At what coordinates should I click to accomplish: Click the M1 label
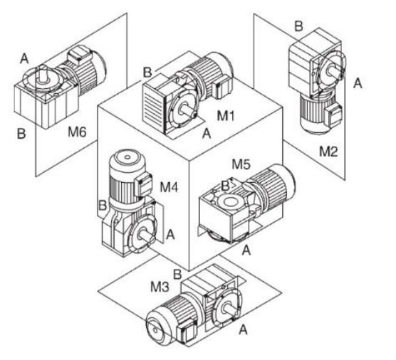(x=226, y=116)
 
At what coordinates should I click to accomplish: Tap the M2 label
(x=328, y=152)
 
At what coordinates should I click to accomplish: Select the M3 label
(x=160, y=287)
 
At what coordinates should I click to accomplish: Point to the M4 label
(x=170, y=187)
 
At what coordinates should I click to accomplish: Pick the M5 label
(x=241, y=164)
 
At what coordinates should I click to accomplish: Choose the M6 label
(x=77, y=132)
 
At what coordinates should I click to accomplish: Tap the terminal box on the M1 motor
(x=222, y=87)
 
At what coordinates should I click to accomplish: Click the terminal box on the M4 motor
(x=143, y=186)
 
